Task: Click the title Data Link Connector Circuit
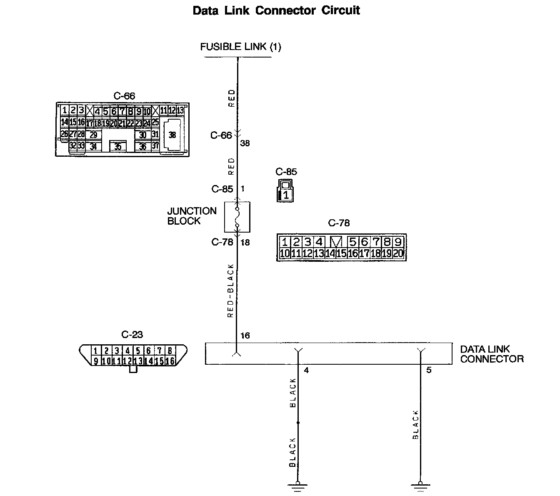[x=276, y=10]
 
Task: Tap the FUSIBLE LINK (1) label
[x=240, y=47]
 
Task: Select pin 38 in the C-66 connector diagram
[x=172, y=135]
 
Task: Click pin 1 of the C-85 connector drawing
[x=285, y=194]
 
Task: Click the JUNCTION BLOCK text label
[x=192, y=216]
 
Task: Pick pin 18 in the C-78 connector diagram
[x=375, y=253]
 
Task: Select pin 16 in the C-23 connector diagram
[x=170, y=361]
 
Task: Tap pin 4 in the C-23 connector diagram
[x=127, y=351]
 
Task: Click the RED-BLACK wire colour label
[x=230, y=291]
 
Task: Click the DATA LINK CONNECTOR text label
[x=492, y=354]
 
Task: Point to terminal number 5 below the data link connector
[x=429, y=370]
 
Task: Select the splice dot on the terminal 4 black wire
[x=297, y=423]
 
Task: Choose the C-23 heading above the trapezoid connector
[x=132, y=334]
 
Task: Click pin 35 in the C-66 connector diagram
[x=118, y=147]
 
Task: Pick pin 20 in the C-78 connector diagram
[x=398, y=253]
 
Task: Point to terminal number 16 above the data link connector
[x=245, y=336]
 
